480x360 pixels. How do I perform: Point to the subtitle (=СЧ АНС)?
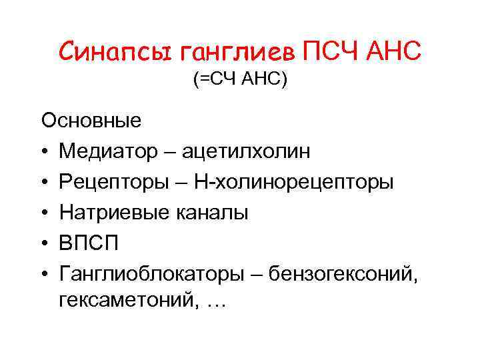[240, 81]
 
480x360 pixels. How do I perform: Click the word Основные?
[91, 121]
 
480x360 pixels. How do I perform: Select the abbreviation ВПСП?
[89, 243]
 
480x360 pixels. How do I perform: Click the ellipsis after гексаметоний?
[216, 304]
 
